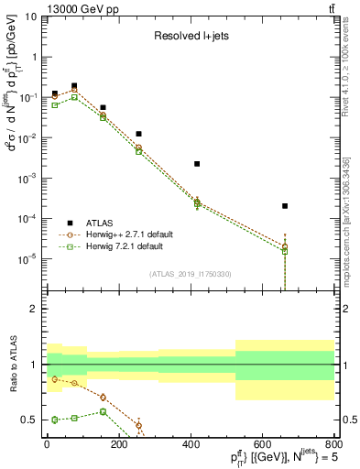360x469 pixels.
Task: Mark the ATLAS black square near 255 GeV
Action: tap(138, 134)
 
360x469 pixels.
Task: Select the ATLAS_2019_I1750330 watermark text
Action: tap(191, 274)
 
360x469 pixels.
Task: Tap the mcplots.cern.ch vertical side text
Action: tap(352, 220)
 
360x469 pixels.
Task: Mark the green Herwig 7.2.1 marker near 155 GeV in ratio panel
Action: tap(103, 411)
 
